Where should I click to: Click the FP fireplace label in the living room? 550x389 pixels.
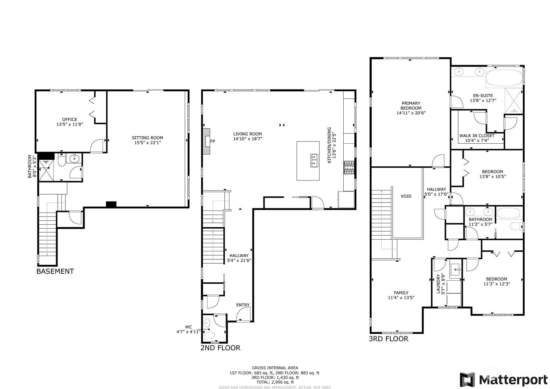pyautogui.click(x=212, y=141)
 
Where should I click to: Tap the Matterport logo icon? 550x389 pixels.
pyautogui.click(x=468, y=380)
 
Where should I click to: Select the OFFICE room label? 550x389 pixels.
pyautogui.click(x=69, y=119)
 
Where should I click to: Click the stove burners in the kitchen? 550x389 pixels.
pyautogui.click(x=349, y=167)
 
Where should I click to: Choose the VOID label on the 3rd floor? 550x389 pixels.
pyautogui.click(x=406, y=196)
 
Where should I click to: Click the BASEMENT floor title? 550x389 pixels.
pyautogui.click(x=55, y=271)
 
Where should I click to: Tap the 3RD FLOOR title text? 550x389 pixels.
pyautogui.click(x=388, y=339)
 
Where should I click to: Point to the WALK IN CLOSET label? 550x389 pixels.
pyautogui.click(x=477, y=136)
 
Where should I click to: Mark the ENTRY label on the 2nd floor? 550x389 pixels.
pyautogui.click(x=243, y=305)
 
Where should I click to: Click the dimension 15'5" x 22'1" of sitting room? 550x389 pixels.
pyautogui.click(x=147, y=143)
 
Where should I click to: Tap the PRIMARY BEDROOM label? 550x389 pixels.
pyautogui.click(x=411, y=106)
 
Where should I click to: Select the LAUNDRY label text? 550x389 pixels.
pyautogui.click(x=438, y=284)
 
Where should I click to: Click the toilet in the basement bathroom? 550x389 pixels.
pyautogui.click(x=62, y=162)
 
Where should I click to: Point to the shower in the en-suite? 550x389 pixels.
pyautogui.click(x=514, y=100)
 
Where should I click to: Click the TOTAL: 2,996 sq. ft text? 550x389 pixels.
pyautogui.click(x=275, y=382)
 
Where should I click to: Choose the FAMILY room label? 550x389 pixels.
pyautogui.click(x=401, y=293)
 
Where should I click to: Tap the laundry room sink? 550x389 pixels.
pyautogui.click(x=455, y=269)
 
